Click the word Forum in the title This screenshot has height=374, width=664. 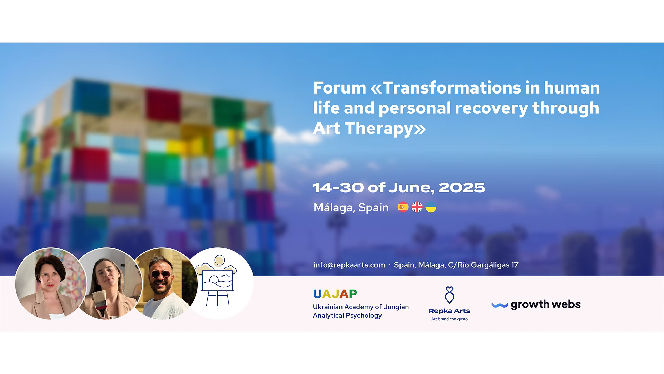[339, 88]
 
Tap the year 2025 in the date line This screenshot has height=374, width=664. [462, 188]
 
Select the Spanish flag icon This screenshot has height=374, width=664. [403, 207]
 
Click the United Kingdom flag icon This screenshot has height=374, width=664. [417, 207]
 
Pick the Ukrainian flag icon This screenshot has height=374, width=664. [431, 207]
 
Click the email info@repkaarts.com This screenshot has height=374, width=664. [349, 265]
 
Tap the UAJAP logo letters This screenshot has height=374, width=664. [335, 294]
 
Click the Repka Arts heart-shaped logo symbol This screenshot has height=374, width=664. [449, 295]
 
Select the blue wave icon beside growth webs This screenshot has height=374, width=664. [500, 305]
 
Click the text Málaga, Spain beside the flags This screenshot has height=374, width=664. [351, 207]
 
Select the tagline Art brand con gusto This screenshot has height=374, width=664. [449, 319]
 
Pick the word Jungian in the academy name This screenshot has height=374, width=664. [396, 307]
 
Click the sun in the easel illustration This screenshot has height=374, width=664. [220, 260]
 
